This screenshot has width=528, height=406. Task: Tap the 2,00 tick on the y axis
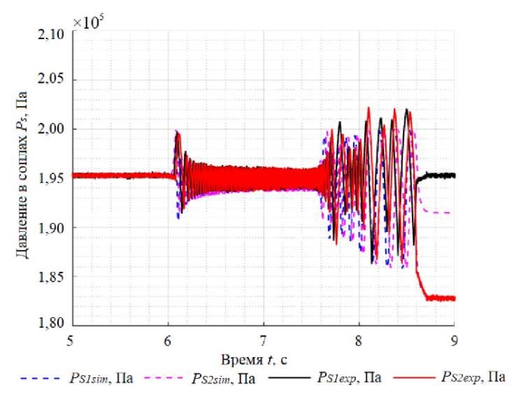[53, 130]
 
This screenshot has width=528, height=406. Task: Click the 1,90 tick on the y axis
[53, 227]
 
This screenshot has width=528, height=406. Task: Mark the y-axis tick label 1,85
[53, 277]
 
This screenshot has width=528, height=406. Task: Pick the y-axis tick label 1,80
[53, 325]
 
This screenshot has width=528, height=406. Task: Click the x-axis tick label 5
[71, 340]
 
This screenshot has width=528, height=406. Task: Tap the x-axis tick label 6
[167, 340]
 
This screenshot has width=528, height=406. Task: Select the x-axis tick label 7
[263, 340]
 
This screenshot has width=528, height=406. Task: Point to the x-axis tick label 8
[359, 340]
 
